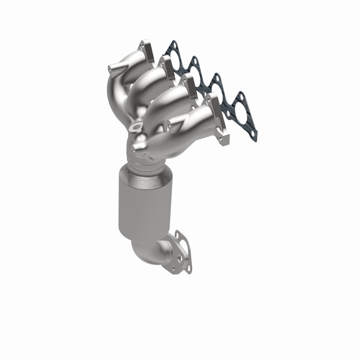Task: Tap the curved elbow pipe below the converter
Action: pos(153,252)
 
